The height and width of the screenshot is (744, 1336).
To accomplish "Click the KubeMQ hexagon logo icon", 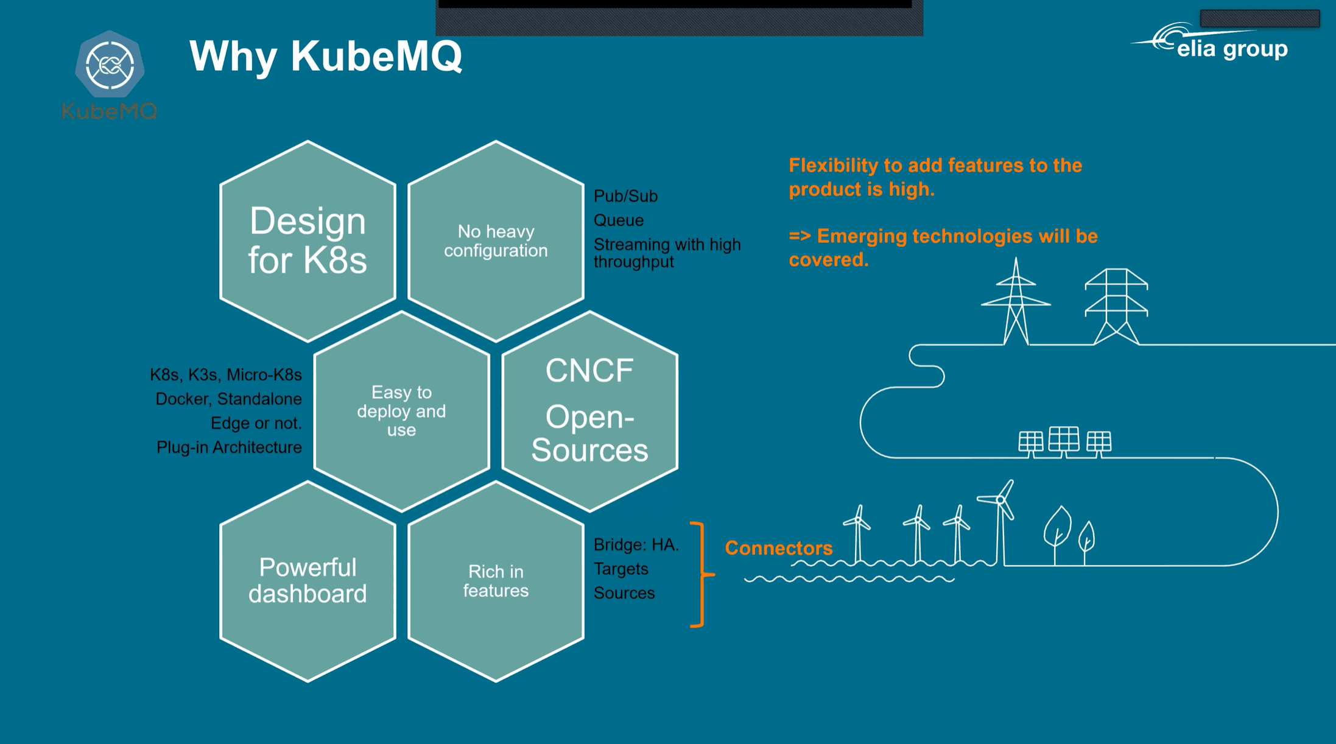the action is pyautogui.click(x=110, y=65).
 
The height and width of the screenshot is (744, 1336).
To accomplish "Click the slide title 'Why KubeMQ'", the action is pyautogui.click(x=326, y=56).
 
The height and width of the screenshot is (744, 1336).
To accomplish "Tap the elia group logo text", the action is pyautogui.click(x=1232, y=49).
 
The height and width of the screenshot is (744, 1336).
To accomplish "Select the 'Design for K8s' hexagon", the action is pyautogui.click(x=308, y=241).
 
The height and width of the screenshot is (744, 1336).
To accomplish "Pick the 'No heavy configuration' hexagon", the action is pyautogui.click(x=496, y=241).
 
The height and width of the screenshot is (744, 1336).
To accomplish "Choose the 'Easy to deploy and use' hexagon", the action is pyautogui.click(x=401, y=411).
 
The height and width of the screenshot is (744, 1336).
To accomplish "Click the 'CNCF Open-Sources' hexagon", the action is pyautogui.click(x=589, y=411).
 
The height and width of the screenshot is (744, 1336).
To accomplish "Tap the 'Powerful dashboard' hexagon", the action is pyautogui.click(x=308, y=581).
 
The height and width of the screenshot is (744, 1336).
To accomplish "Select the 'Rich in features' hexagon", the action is pyautogui.click(x=496, y=581).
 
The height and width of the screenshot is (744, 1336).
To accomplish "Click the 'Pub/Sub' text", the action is pyautogui.click(x=625, y=196).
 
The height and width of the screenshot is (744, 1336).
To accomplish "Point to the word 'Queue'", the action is pyautogui.click(x=618, y=220).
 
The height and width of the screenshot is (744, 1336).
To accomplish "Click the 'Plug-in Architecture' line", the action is pyautogui.click(x=229, y=447).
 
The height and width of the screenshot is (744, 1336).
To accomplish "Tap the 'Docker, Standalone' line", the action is pyautogui.click(x=228, y=399).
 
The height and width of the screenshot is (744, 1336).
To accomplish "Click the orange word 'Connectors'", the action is pyautogui.click(x=778, y=548).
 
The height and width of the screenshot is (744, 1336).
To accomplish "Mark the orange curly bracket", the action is pyautogui.click(x=699, y=574).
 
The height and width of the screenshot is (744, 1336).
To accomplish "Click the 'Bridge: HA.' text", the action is pyautogui.click(x=636, y=544).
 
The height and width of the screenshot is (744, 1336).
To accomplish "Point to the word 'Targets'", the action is pyautogui.click(x=621, y=569).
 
